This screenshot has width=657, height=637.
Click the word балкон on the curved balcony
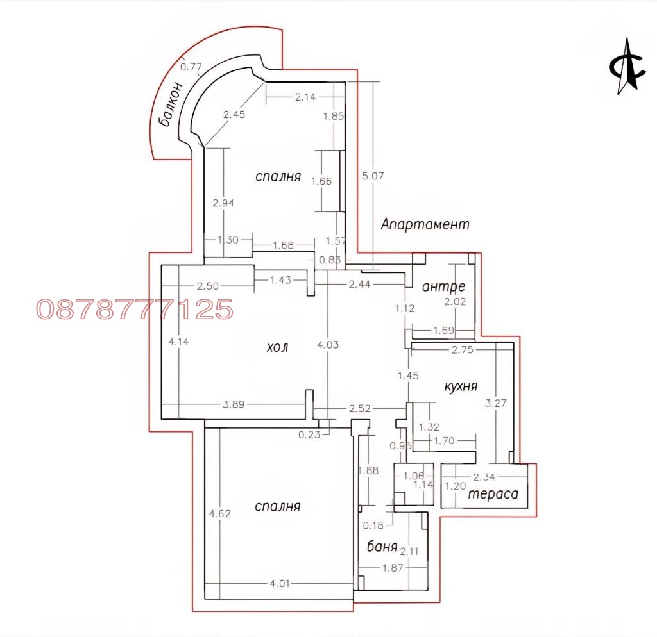click(171, 104)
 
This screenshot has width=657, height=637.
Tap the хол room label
click(277, 347)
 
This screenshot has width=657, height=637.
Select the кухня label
click(461, 386)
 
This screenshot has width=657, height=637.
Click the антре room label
click(444, 286)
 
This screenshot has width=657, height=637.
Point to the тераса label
click(493, 494)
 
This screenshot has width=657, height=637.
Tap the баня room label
click(382, 546)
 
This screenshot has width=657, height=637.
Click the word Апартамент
click(425, 224)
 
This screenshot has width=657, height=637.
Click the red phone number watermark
click(135, 310)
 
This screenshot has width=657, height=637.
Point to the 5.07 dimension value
click(373, 176)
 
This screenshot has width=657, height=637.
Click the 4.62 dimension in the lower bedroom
click(220, 513)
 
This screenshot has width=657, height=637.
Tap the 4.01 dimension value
click(280, 583)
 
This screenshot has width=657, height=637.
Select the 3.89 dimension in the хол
click(234, 404)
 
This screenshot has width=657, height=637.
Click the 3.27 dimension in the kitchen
click(496, 403)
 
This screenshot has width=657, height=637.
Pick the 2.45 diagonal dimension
click(234, 114)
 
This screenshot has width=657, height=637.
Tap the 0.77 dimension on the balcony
click(191, 67)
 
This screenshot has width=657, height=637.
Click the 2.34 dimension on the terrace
click(484, 477)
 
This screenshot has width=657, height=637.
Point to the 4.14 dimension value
click(179, 342)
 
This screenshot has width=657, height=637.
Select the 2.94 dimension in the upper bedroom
click(223, 203)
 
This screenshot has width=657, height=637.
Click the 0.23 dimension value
click(309, 435)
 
